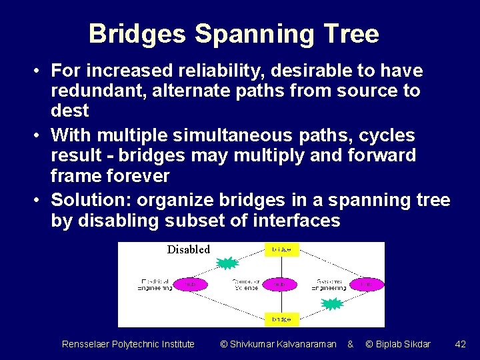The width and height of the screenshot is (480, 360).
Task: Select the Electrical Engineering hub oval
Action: [x=191, y=284]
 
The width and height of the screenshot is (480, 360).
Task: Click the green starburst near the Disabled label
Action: [x=228, y=263]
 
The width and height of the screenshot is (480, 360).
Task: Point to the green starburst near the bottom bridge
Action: [x=331, y=305]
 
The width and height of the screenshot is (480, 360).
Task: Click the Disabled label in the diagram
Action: [x=188, y=249]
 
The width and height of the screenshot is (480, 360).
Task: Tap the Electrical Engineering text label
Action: [x=155, y=284]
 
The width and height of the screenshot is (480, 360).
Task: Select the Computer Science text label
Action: [x=245, y=284]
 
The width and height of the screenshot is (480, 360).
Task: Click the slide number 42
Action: [x=460, y=344]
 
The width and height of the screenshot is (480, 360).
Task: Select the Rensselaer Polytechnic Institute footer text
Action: [x=128, y=344]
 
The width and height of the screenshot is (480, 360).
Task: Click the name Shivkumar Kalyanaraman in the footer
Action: [x=278, y=344]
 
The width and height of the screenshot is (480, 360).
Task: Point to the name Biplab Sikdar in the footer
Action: [x=398, y=344]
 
